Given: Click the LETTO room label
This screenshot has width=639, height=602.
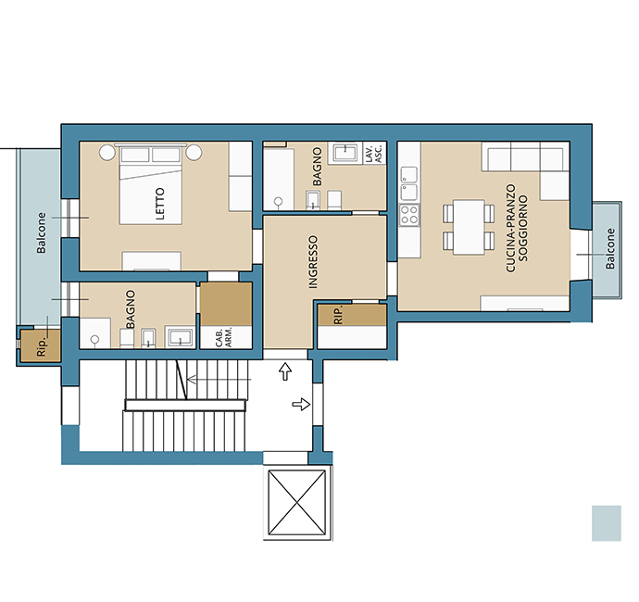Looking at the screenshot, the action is (x=160, y=204).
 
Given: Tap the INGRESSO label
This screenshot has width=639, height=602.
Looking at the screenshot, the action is (x=313, y=262).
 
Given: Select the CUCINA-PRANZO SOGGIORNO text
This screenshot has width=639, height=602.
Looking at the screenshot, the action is (x=517, y=228).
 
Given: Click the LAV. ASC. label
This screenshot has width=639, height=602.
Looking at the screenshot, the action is (x=374, y=154).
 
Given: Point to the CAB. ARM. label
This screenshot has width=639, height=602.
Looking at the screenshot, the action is (x=224, y=337).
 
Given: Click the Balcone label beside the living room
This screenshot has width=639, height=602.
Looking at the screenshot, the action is (x=610, y=248).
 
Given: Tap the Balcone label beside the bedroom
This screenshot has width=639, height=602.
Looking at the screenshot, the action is (x=41, y=232).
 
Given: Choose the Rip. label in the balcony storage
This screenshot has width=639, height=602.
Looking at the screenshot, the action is (x=41, y=347).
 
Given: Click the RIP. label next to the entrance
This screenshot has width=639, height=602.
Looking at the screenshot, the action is (x=338, y=315).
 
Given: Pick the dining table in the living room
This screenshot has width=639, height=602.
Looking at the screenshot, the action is (x=469, y=227).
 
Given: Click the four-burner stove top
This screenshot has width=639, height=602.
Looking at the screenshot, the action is (x=409, y=215).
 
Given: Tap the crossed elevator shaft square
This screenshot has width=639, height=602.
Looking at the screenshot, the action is (x=297, y=502).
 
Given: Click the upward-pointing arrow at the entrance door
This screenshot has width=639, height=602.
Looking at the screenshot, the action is (x=285, y=371).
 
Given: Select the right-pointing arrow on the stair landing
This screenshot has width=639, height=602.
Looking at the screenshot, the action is (x=301, y=405).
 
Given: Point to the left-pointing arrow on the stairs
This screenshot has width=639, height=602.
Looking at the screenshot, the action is (x=219, y=380).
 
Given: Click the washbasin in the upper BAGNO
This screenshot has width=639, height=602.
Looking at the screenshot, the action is (x=345, y=153).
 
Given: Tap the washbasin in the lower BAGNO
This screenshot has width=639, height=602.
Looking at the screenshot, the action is (x=181, y=337).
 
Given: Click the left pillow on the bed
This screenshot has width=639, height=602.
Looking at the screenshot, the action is (x=135, y=155).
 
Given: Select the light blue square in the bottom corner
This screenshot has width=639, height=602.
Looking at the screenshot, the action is (x=607, y=523).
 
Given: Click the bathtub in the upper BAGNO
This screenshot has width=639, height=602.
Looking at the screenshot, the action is (x=279, y=180).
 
